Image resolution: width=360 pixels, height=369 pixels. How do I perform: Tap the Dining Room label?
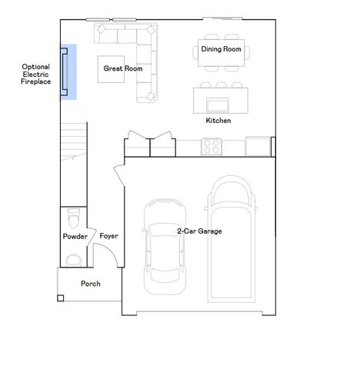pos(221,49)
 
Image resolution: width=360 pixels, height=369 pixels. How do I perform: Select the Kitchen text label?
pos(218,121)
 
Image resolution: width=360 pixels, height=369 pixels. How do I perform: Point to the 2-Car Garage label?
pos(199,231)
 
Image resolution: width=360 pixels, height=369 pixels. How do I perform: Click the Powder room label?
pos(75,236)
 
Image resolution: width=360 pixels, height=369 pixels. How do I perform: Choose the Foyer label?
pos(108,236)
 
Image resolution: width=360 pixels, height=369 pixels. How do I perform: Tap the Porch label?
pos(90,284)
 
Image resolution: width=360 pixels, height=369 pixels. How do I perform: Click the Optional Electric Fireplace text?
pos(35,74)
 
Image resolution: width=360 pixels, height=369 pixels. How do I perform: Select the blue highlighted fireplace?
pos(68,72)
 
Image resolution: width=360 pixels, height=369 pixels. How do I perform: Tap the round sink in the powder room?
pos(74,258)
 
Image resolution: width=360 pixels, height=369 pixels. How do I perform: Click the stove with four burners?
pos(212,145)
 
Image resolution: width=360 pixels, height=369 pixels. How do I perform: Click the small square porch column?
pos(61,298)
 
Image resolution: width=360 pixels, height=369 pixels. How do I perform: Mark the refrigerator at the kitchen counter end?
pos(258,145)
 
